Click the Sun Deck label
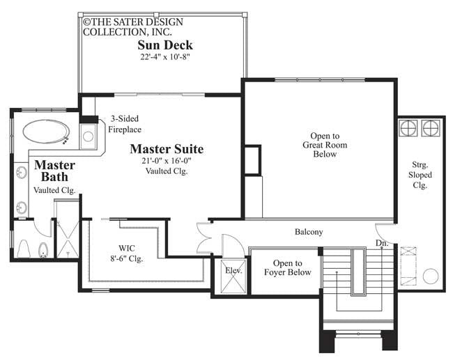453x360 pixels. [164, 46]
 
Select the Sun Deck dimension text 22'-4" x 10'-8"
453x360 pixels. [164, 58]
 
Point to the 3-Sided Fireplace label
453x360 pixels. [125, 124]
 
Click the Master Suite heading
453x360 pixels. [167, 148]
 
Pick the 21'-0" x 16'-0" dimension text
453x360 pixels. [167, 161]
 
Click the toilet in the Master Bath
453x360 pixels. [24, 248]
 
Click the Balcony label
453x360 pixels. [309, 232]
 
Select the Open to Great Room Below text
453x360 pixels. [324, 145]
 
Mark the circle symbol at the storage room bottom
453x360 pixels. [431, 276]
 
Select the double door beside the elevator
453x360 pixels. [204, 239]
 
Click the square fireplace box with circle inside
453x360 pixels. [89, 135]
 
